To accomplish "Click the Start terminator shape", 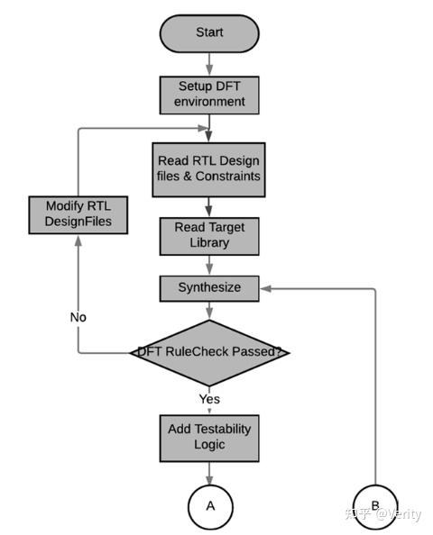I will click(209, 32).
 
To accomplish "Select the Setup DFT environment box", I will click(210, 95).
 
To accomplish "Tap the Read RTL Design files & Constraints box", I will click(210, 168).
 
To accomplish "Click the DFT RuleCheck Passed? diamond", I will click(210, 352).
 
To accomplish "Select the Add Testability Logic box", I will click(210, 436).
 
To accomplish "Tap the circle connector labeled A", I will click(210, 505).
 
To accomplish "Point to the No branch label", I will click(78, 317).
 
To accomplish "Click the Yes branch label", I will click(210, 397).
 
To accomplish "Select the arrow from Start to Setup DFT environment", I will click(210, 63).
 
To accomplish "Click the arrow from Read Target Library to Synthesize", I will click(210, 266).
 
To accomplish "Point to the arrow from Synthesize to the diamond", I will click(210, 311).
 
